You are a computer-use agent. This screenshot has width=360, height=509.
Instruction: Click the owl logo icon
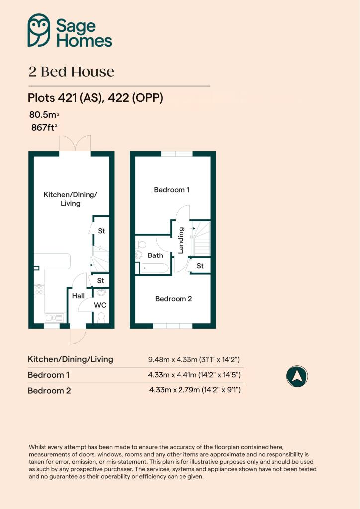click(39, 31)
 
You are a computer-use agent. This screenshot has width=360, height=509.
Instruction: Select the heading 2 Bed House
click(71, 72)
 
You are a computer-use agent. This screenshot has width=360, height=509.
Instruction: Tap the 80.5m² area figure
click(43, 116)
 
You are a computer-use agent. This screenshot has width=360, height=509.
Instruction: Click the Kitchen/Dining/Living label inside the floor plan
click(70, 199)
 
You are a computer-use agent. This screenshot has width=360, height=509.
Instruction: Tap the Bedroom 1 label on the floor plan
click(172, 190)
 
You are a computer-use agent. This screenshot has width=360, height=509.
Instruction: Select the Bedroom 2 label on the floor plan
click(174, 299)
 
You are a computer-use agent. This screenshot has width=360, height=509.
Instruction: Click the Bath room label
click(155, 255)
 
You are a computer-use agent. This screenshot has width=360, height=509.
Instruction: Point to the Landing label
click(181, 240)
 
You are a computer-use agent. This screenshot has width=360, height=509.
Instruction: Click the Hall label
click(78, 296)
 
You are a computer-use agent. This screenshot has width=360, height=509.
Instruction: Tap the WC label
click(100, 305)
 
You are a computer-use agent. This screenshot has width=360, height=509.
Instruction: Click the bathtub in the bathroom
click(155, 268)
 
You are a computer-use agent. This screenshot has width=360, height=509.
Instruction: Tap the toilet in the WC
click(101, 317)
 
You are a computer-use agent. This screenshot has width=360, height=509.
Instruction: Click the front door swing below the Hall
click(76, 336)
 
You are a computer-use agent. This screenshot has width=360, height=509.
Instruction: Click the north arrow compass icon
click(297, 376)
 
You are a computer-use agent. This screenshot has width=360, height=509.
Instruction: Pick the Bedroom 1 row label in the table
click(46, 375)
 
